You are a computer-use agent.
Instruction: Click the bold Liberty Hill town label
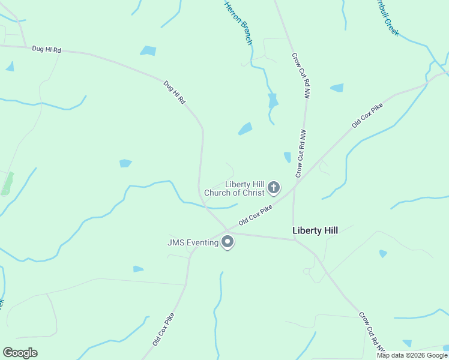pos(315,230)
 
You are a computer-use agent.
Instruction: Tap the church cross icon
pos(273,188)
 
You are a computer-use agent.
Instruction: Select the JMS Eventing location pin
pos(228,242)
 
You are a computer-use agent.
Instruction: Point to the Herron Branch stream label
pos(238,23)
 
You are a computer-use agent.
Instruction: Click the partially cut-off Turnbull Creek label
pos(385,18)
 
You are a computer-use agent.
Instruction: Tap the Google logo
pos(20,353)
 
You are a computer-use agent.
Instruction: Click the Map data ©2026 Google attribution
pos(411,355)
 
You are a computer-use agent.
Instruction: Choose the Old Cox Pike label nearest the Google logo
pos(163,329)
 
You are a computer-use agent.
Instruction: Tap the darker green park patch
pos(7,183)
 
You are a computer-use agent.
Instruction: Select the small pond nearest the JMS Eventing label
pos(138,269)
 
